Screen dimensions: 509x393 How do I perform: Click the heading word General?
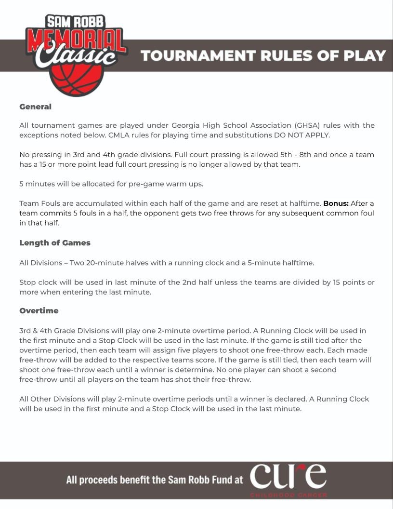[x=35, y=107]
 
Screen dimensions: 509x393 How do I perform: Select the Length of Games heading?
[x=55, y=242]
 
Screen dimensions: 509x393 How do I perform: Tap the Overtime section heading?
[x=39, y=310]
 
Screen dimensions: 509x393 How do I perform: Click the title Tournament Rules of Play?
[x=263, y=55]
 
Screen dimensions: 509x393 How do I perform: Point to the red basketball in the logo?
[x=77, y=80]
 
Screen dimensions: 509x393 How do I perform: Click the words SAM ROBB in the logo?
[x=75, y=22]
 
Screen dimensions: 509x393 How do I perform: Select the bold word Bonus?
[x=336, y=203]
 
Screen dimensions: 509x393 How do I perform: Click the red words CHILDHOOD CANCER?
[x=288, y=495]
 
